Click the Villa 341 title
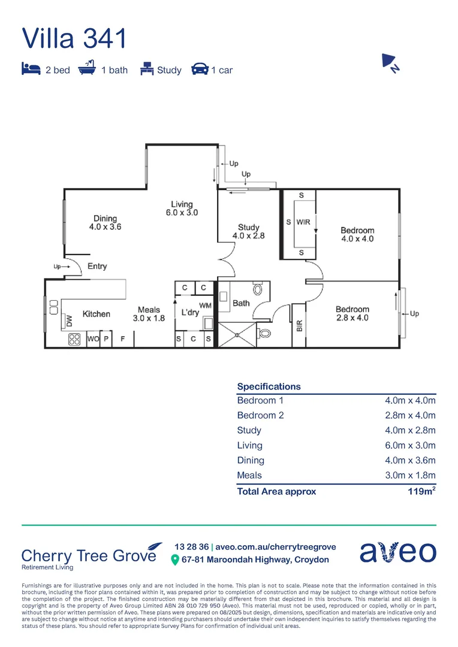pyautogui.click(x=74, y=38)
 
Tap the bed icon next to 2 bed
pyautogui.click(x=31, y=69)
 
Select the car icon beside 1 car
pyautogui.click(x=200, y=69)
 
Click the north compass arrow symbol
pyautogui.click(x=391, y=62)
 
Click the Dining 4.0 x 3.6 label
pyautogui.click(x=105, y=222)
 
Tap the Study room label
pyautogui.click(x=248, y=231)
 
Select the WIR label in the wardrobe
pyautogui.click(x=303, y=222)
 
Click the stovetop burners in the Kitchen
pyautogui.click(x=74, y=339)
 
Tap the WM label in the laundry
pyautogui.click(x=205, y=306)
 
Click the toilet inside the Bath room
pyautogui.click(x=258, y=289)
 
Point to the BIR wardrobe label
pyautogui.click(x=299, y=325)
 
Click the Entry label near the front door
pyautogui.click(x=97, y=266)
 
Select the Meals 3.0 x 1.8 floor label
pyautogui.click(x=148, y=314)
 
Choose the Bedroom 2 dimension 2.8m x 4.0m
pyautogui.click(x=410, y=415)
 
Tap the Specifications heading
pyautogui.click(x=269, y=386)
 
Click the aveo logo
pyautogui.click(x=397, y=552)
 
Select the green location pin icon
pyautogui.click(x=175, y=560)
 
